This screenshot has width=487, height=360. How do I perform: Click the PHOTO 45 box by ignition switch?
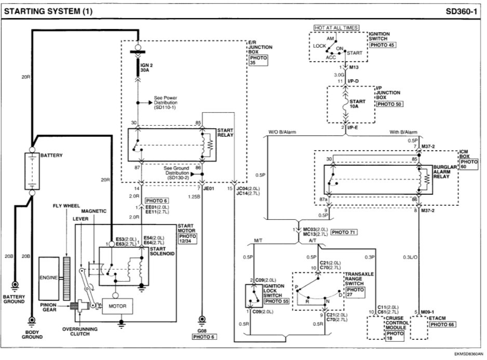click(x=382, y=45)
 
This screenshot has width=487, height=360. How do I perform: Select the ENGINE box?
click(x=49, y=278)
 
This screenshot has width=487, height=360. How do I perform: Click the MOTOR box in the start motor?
click(x=117, y=306)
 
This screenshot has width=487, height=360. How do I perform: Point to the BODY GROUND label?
click(x=32, y=334)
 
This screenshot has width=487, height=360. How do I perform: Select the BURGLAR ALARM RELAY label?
click(x=445, y=172)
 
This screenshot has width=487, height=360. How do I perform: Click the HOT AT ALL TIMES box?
click(x=335, y=27)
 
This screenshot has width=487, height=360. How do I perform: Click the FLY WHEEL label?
click(x=66, y=206)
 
